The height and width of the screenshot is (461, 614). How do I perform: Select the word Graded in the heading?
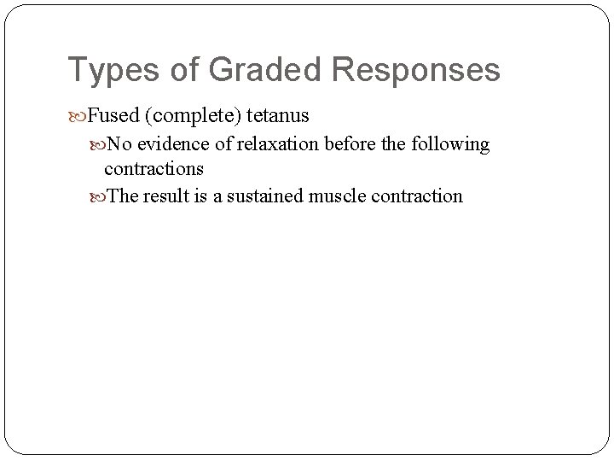254,71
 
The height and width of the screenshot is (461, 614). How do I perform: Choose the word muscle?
347,196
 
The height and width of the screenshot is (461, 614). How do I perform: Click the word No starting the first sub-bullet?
119,144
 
